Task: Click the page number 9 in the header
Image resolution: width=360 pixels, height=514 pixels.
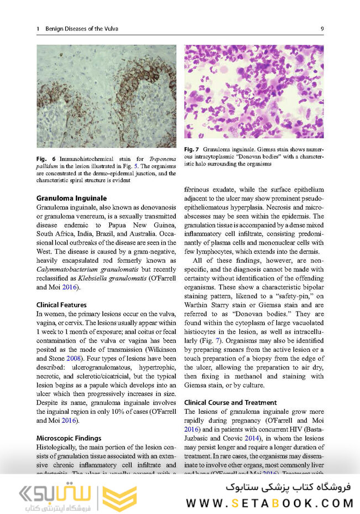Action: (x=322, y=29)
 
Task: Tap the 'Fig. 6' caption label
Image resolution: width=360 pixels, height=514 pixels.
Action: (x=44, y=159)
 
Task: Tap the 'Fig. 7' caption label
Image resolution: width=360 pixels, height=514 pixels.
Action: (x=191, y=149)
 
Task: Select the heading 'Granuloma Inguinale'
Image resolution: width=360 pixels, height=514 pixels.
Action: (x=71, y=198)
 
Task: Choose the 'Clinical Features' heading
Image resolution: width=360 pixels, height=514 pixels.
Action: (x=61, y=305)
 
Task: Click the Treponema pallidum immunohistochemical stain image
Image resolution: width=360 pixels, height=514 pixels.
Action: (x=106, y=96)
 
